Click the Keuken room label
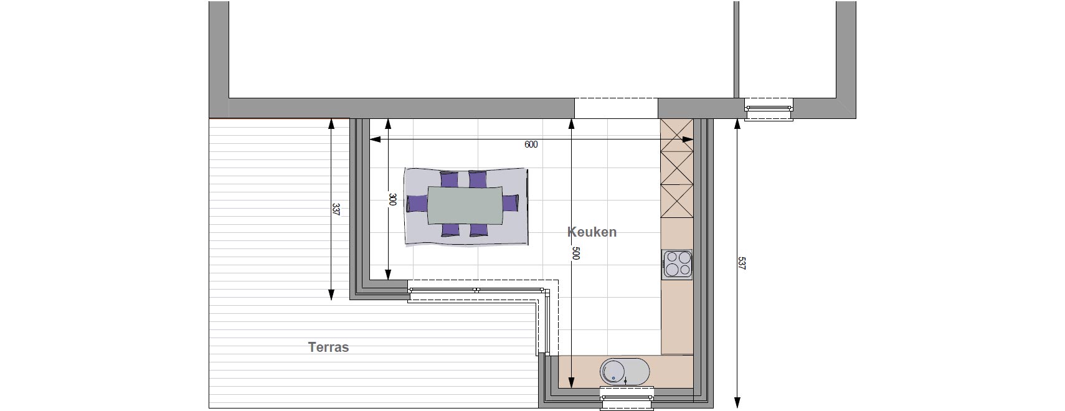point(592,232)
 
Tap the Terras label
point(329,347)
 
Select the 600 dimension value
point(531,144)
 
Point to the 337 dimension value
point(336,209)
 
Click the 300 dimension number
point(392,199)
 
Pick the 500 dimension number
point(575,253)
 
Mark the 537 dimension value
point(742,263)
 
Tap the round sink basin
point(613,371)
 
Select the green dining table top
point(465,205)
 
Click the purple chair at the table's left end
point(417,204)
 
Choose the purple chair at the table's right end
point(510,204)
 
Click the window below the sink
point(627,398)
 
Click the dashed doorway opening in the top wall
point(616,108)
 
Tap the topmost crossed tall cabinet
point(677,135)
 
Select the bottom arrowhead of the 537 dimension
point(737,403)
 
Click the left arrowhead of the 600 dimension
point(375,139)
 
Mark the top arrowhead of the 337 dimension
point(331,124)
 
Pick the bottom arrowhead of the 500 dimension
point(572,383)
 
